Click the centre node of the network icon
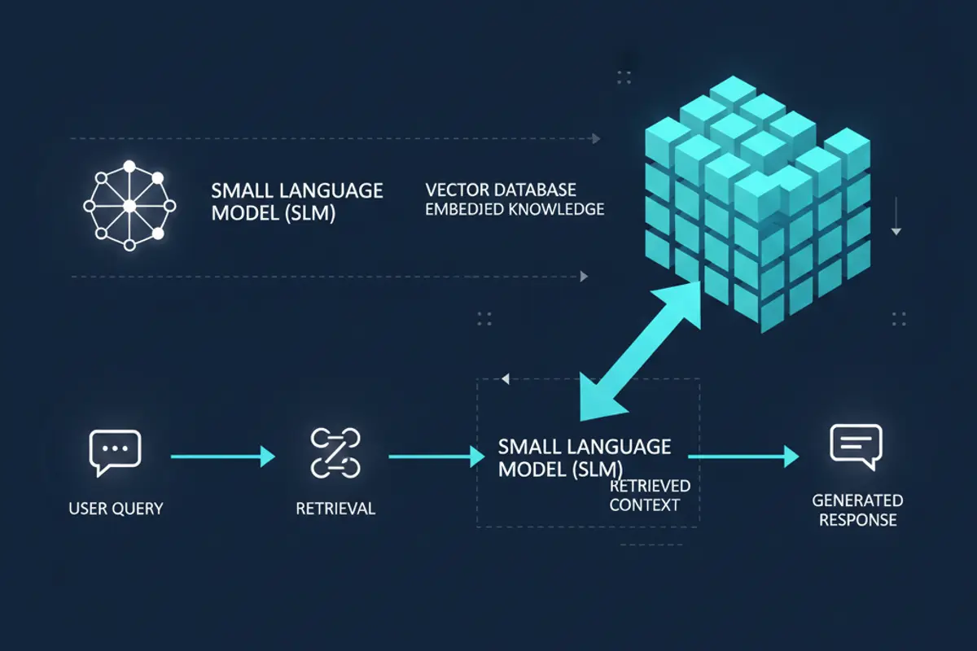pos(129,205)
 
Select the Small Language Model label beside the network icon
pos(296,202)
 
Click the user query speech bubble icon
pos(114,452)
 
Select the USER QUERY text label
pos(116,509)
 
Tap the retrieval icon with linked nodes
pos(335,452)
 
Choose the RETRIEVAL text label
pos(335,509)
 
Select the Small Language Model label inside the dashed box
pos(583,457)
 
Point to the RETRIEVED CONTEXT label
pos(649,495)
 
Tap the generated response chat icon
pos(856,446)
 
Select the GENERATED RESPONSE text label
pos(857,510)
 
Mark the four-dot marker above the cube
pos(624,77)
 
